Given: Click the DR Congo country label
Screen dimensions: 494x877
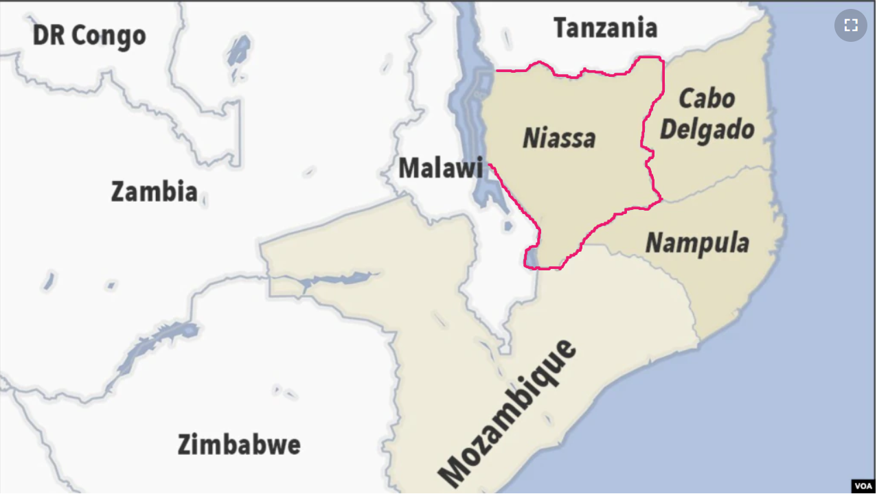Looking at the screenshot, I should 89,35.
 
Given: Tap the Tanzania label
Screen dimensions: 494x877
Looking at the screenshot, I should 605,28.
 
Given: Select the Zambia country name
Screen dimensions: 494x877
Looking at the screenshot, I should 154,191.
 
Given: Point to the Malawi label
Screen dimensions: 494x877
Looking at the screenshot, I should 440,167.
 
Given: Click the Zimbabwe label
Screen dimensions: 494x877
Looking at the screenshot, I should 239,445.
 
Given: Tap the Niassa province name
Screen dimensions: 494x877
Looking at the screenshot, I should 559,138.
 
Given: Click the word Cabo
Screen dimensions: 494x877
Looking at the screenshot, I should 707,99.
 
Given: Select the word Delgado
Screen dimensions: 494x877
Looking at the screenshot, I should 707,130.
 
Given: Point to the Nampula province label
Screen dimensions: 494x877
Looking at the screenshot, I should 697,243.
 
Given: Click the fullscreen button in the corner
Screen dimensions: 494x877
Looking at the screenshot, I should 851,25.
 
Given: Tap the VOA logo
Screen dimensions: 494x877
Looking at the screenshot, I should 863,485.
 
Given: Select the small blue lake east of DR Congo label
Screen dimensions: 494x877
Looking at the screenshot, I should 238,51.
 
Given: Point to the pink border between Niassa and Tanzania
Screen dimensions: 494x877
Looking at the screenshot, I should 584,70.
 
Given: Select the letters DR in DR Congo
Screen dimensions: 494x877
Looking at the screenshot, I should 48,35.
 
